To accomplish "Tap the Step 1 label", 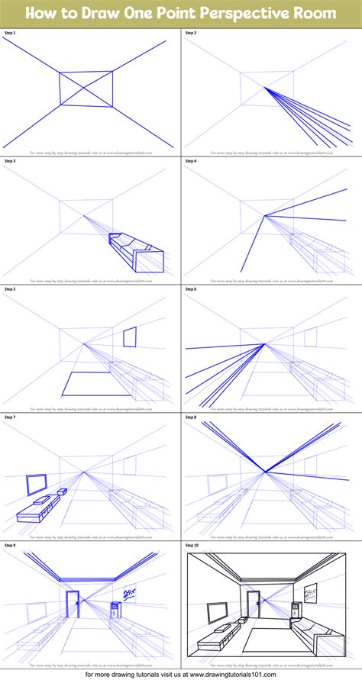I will click(11, 34).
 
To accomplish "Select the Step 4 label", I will click(192, 162).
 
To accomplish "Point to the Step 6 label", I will click(192, 290).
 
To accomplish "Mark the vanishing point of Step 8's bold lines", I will click(265, 472).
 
